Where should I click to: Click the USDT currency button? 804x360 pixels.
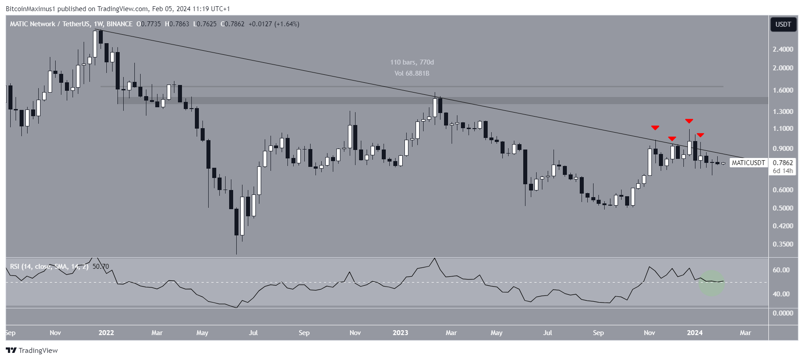point(783,24)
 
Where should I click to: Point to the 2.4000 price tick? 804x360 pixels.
point(783,49)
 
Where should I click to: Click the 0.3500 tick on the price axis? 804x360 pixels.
point(783,244)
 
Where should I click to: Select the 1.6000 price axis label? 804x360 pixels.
point(783,90)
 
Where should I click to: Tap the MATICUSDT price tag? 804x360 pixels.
point(748,163)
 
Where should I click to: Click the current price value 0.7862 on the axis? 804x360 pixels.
point(783,163)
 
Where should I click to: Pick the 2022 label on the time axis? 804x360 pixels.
point(106,333)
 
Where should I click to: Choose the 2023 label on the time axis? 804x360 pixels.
point(400,333)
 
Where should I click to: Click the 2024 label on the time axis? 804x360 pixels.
point(695,333)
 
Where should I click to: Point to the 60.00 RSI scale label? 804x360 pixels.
point(781,270)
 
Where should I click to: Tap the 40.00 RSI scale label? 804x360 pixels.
point(781,294)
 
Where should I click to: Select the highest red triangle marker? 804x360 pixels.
point(689,121)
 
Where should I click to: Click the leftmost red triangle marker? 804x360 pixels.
point(655,128)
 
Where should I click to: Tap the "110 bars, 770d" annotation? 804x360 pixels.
point(412,62)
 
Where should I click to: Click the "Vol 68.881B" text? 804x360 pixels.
point(412,73)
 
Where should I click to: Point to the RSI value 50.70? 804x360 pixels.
point(101,267)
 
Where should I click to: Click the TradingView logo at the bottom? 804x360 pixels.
point(32,351)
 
